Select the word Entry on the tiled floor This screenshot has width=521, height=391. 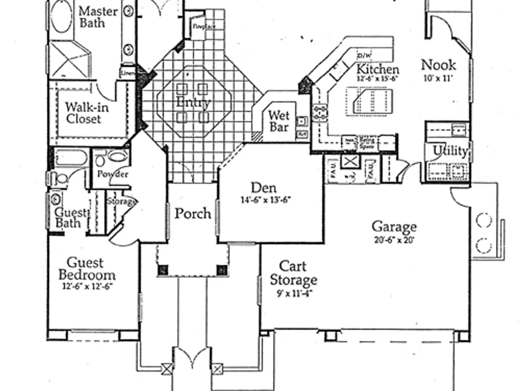click(193, 102)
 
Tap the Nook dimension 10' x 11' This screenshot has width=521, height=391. click(438, 78)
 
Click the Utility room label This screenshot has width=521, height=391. click(450, 151)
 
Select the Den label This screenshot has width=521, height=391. click(263, 188)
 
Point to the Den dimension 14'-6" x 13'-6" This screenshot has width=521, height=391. click(266, 199)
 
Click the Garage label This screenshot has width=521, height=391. click(394, 227)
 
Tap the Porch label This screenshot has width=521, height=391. click(193, 214)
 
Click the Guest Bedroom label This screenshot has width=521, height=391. click(86, 269)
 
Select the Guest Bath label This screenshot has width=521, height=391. click(69, 218)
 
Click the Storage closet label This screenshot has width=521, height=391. click(121, 201)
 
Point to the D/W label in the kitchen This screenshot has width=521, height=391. click(363, 56)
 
